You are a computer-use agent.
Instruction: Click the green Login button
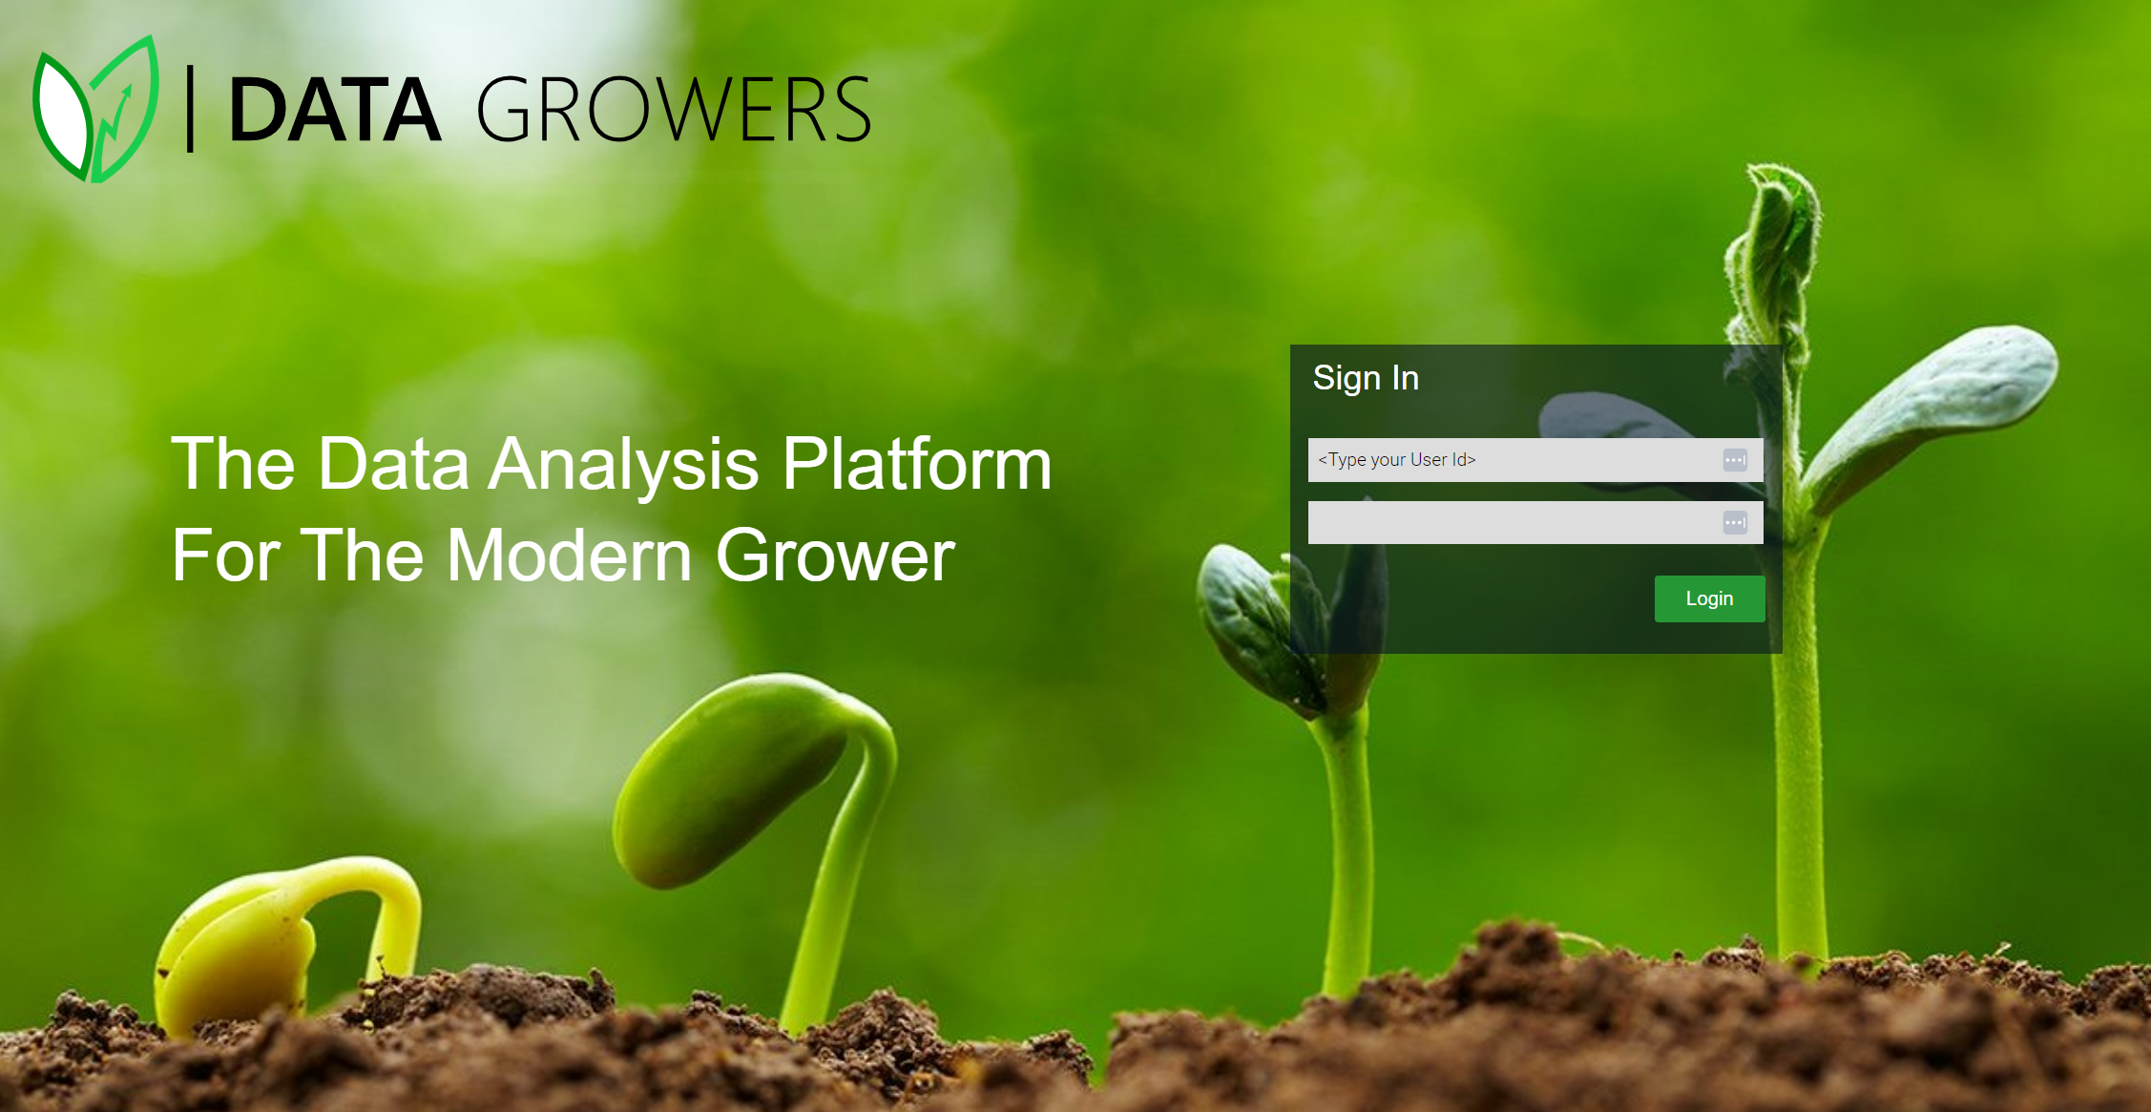pos(1709,598)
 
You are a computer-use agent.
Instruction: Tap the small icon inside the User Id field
pos(1735,460)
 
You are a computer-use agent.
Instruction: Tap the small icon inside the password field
pos(1735,522)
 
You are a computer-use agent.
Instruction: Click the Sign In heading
pos(1366,378)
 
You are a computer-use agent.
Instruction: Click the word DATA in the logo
pos(335,111)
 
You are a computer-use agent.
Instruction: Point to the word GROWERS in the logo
pos(674,110)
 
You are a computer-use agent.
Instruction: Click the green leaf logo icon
pos(95,109)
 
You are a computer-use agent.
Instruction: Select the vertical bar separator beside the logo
pos(191,109)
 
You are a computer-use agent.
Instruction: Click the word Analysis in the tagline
pos(624,465)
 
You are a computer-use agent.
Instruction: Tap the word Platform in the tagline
pos(917,463)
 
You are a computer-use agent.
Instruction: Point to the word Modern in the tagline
pos(569,556)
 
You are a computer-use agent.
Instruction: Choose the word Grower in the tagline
pos(835,556)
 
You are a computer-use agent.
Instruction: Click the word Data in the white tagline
pos(392,464)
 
